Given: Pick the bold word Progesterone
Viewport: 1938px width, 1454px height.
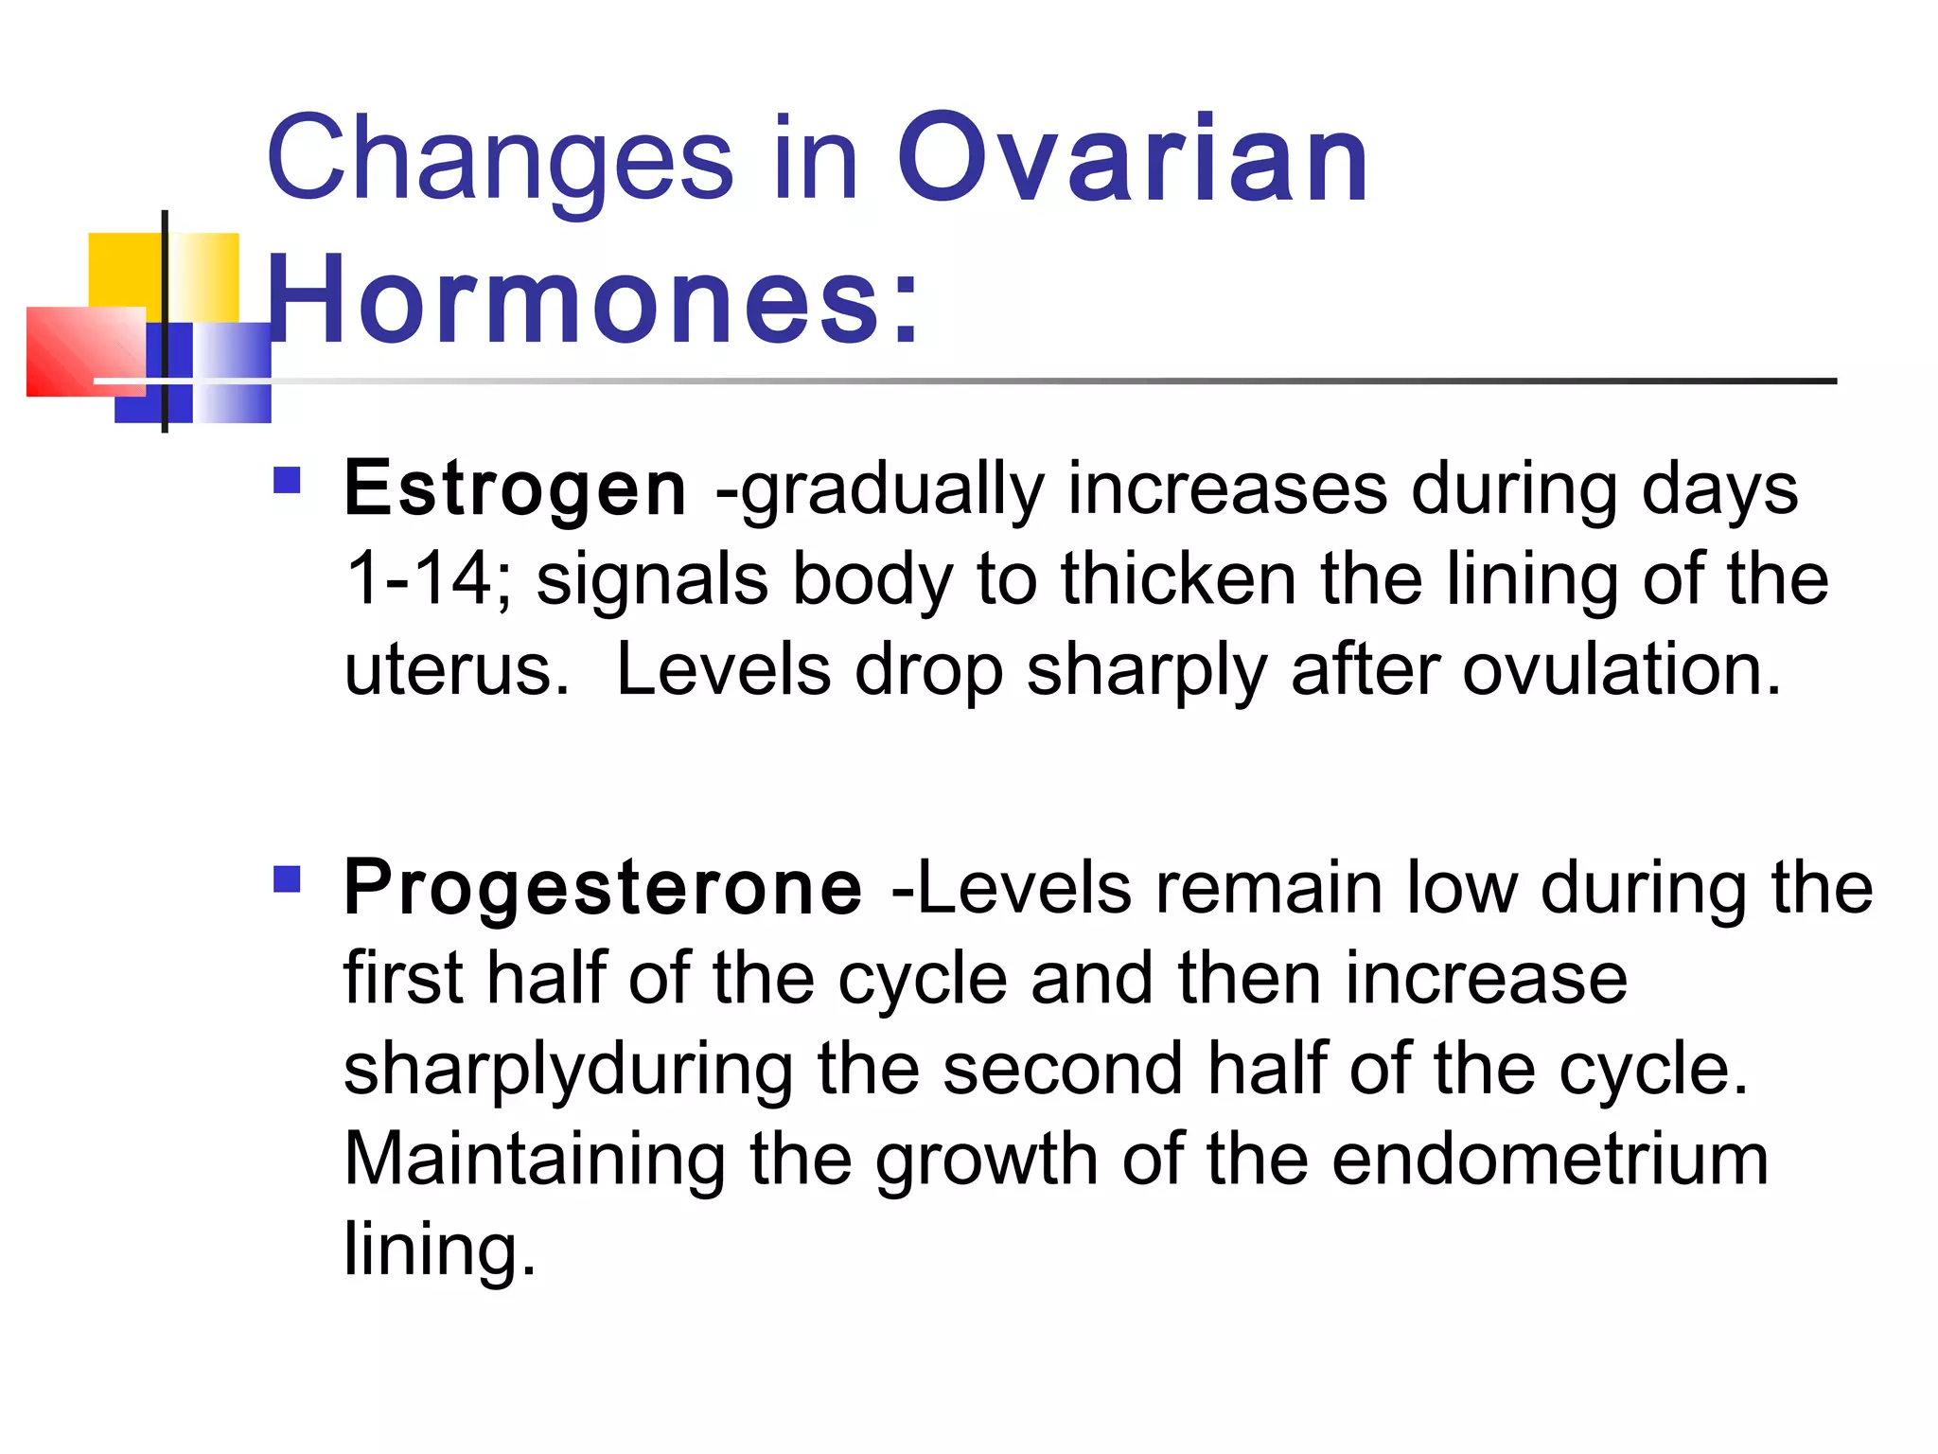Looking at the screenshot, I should [603, 887].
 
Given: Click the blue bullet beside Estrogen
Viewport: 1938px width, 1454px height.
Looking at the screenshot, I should [287, 481].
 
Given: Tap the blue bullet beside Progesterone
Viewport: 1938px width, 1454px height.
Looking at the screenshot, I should [287, 879].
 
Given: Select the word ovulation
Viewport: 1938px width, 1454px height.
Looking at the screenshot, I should [1621, 670].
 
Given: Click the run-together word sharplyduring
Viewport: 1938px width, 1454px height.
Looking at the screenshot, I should [568, 1070].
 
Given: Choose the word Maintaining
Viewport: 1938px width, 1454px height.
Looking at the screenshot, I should [534, 1160].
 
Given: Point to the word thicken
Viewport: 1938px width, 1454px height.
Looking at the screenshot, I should [1177, 579].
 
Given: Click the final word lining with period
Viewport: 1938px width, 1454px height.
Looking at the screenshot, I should [439, 1250].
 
